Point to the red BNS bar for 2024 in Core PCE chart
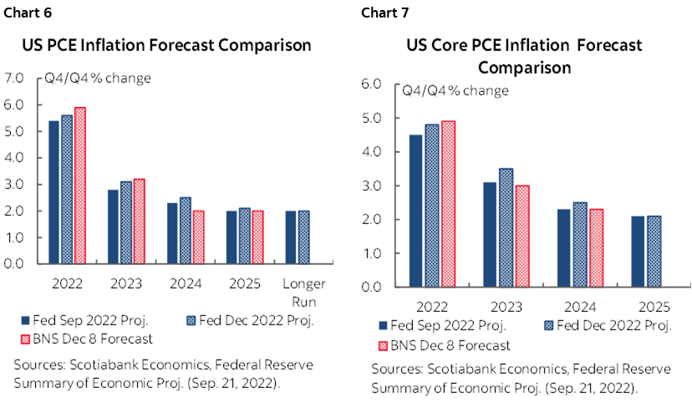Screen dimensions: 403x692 tap(597, 247)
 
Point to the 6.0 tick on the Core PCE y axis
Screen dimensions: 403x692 tap(371, 84)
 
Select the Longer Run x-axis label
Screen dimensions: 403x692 tap(299, 292)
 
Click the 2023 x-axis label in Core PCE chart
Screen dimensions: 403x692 tap(504, 306)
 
